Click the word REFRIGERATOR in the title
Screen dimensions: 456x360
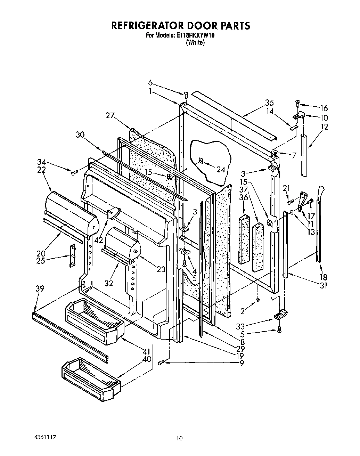coord(148,25)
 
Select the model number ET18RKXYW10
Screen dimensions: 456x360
coord(196,35)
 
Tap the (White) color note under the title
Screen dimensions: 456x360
coord(195,43)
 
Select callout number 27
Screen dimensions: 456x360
coord(110,116)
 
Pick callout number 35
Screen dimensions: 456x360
coord(269,103)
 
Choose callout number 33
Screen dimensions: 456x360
coord(240,326)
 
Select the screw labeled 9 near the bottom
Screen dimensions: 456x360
coord(161,363)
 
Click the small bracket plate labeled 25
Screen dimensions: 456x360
coord(73,255)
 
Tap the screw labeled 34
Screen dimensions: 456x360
coord(73,173)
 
